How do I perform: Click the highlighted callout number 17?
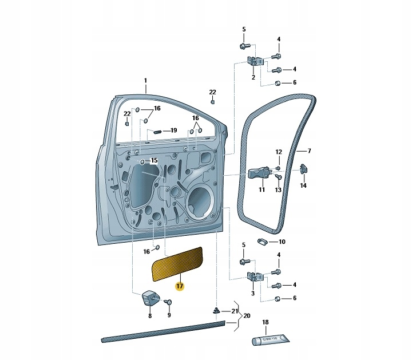(179, 286)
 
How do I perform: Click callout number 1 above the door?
(145, 81)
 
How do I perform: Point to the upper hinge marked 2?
(254, 62)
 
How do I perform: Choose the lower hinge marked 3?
(253, 278)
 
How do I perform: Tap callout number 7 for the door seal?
(309, 151)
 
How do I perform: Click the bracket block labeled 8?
(150, 299)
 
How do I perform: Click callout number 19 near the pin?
(174, 130)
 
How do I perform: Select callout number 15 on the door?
(153, 161)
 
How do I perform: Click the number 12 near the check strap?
(279, 152)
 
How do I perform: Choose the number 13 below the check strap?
(279, 189)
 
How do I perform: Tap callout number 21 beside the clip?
(234, 311)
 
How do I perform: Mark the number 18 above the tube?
(265, 322)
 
